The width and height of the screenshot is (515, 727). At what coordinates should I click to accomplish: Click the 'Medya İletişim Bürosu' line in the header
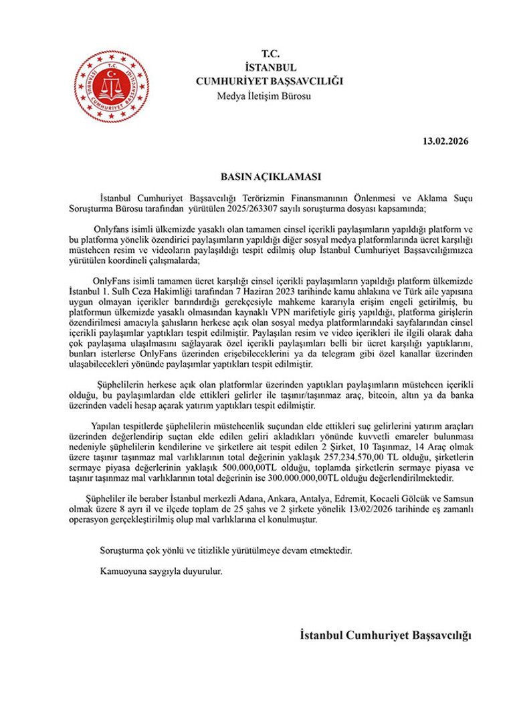pyautogui.click(x=265, y=96)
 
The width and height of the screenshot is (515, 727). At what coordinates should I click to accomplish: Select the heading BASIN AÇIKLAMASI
pyautogui.click(x=263, y=177)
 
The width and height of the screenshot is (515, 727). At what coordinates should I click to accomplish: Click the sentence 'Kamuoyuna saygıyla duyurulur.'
pyautogui.click(x=160, y=572)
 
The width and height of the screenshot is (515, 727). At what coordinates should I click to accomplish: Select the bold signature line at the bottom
pyautogui.click(x=386, y=634)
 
